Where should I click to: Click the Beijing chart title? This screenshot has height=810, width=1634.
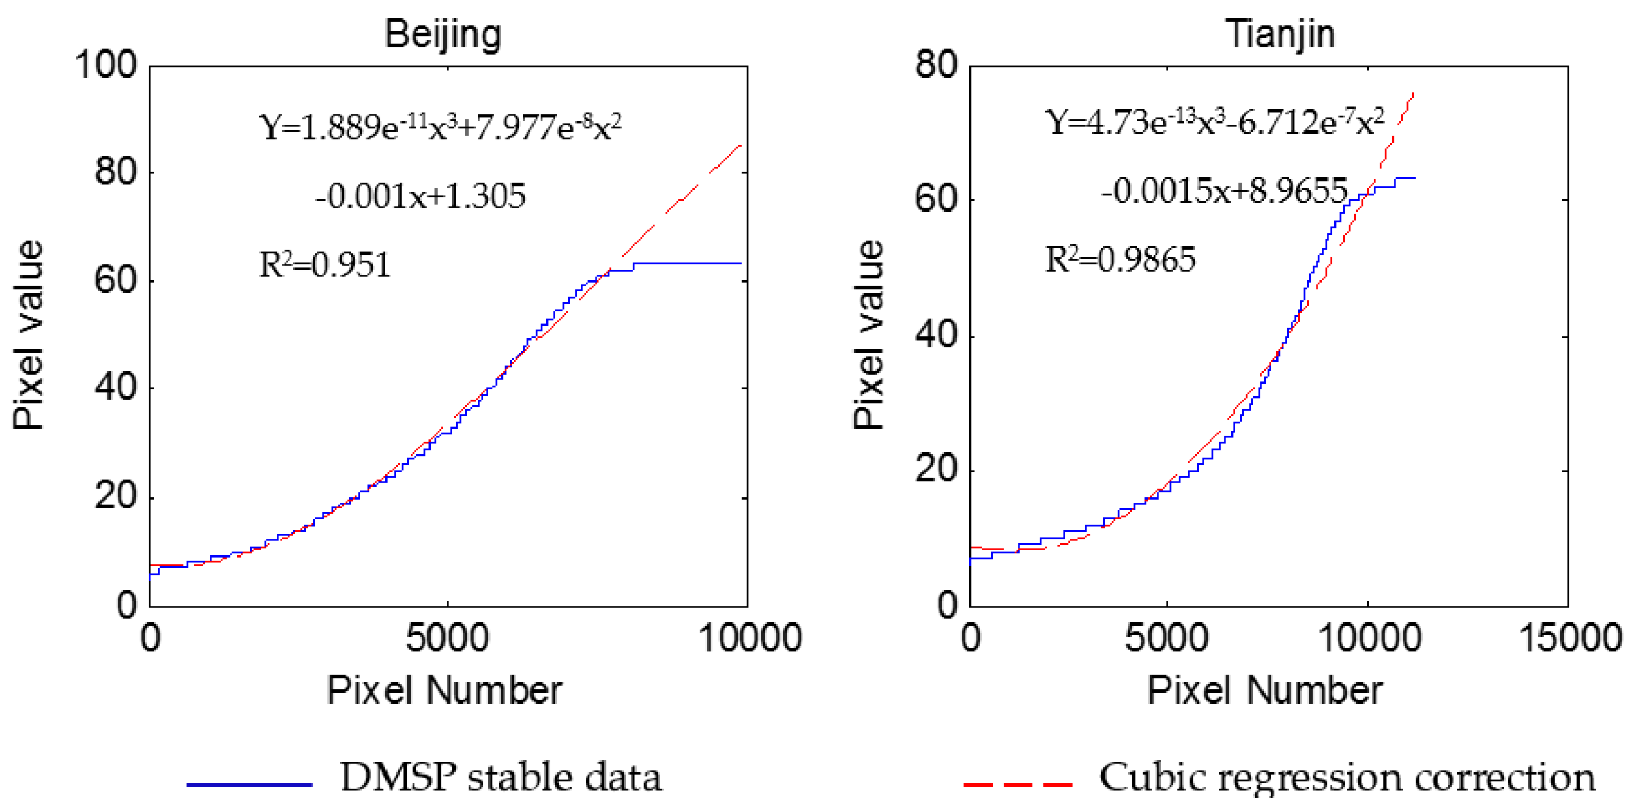[443, 34]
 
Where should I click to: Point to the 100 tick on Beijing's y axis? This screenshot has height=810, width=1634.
[106, 66]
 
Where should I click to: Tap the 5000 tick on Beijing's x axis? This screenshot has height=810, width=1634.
[447, 638]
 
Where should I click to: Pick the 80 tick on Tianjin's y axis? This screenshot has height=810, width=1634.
[936, 66]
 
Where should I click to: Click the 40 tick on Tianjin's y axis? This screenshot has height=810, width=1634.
[936, 336]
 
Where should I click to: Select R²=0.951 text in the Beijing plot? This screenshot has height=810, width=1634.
[325, 265]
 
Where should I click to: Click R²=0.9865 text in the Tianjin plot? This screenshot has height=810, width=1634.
[1120, 259]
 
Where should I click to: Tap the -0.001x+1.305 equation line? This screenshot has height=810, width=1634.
[420, 197]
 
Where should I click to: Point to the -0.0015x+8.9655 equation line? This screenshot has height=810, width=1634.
[1225, 191]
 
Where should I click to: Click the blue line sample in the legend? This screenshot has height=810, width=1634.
[249, 785]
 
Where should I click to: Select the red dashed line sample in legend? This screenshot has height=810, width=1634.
[1018, 785]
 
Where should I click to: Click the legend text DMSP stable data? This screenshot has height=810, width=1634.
[501, 777]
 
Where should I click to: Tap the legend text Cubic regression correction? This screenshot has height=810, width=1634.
[1347, 777]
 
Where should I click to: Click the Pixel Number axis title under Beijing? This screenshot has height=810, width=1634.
[444, 691]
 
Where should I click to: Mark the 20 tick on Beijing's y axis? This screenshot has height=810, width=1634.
[116, 496]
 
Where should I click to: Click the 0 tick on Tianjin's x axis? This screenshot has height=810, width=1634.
[970, 638]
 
